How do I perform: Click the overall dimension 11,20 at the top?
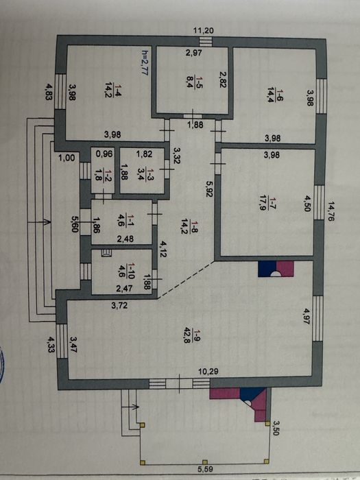204,31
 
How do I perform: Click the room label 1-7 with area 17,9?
267,204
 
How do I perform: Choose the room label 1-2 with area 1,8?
102,174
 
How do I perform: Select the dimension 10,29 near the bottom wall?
208,372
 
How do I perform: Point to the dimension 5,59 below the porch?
206,468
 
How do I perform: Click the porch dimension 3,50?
276,428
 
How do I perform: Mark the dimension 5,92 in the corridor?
209,189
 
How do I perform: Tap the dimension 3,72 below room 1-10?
120,305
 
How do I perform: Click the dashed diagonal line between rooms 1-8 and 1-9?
186,279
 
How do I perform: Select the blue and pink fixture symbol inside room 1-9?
276,269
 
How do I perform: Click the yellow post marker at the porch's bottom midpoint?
205,462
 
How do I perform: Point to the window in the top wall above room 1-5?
206,41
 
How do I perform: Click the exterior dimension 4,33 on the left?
51,344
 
